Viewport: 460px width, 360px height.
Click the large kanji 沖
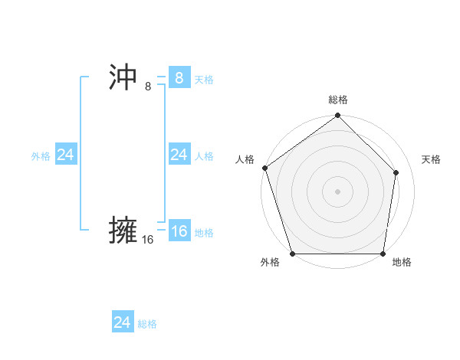(122, 77)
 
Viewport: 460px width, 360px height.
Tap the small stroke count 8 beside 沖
(148, 87)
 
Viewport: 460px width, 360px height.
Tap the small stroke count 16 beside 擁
(148, 240)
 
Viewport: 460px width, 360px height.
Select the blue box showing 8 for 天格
(179, 78)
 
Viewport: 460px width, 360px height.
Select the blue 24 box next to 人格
(179, 155)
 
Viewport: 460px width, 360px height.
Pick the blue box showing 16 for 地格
(179, 231)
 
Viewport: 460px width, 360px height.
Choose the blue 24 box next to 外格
(65, 155)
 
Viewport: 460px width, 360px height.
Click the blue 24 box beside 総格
(122, 322)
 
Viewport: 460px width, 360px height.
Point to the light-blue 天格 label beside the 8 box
(204, 80)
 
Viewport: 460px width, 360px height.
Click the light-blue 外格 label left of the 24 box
(41, 156)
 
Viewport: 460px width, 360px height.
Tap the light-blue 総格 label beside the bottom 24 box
(147, 324)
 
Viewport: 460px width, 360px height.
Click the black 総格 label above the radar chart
(338, 100)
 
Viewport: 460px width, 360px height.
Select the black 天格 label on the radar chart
(431, 159)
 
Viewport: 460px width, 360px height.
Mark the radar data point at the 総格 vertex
(338, 116)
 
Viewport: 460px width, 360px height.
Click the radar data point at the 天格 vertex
(396, 172)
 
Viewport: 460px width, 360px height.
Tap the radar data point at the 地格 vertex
(383, 254)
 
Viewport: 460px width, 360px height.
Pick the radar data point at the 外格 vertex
(293, 254)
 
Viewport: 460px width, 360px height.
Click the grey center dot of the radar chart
(338, 191)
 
